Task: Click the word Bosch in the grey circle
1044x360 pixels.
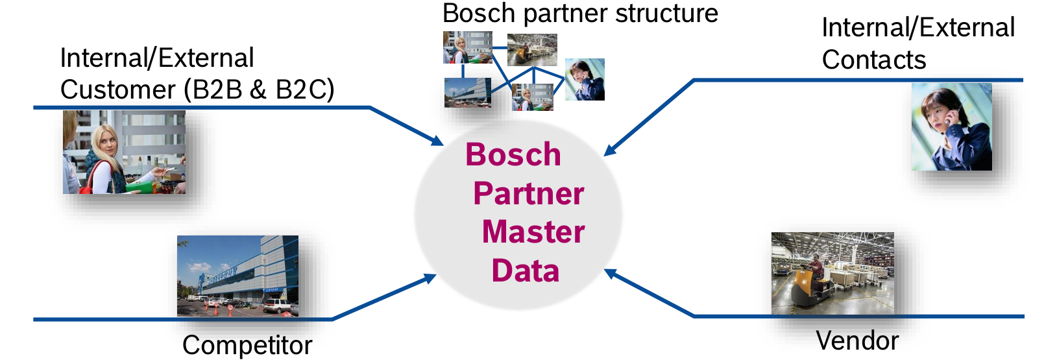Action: (x=513, y=155)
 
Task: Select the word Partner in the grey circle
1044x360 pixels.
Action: (x=528, y=194)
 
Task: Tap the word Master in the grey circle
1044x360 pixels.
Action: (x=533, y=232)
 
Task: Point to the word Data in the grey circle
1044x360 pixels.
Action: (x=525, y=270)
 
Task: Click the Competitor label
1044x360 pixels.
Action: (x=247, y=345)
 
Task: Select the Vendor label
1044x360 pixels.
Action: (x=857, y=341)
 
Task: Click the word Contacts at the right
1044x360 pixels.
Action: (x=873, y=60)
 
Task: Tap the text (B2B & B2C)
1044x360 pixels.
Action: (x=259, y=90)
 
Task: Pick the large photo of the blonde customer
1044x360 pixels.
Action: (x=124, y=152)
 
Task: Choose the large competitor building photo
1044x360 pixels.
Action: (x=237, y=276)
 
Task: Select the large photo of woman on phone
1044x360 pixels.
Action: (x=951, y=127)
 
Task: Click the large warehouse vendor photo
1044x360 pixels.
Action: (x=832, y=273)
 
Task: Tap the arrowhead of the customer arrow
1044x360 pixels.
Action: (x=437, y=141)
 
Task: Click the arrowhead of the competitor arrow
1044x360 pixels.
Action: (x=430, y=278)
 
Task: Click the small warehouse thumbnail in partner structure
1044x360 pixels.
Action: (x=531, y=49)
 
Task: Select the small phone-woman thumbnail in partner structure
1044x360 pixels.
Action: (x=585, y=79)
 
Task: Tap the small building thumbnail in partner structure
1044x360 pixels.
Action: (x=467, y=92)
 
